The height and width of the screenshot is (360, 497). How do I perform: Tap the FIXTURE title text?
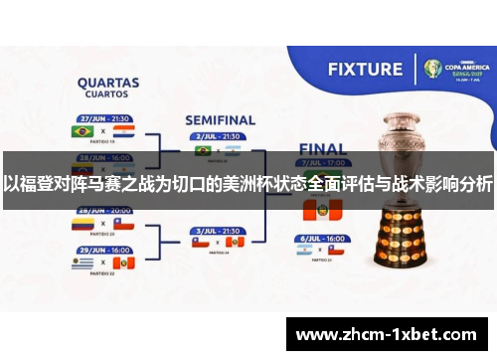click(x=366, y=70)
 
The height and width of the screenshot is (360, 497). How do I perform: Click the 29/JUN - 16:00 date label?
click(x=105, y=249)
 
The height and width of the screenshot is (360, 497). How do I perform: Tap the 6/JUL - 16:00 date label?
click(x=320, y=240)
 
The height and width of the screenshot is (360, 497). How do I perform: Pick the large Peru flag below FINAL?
click(x=321, y=210)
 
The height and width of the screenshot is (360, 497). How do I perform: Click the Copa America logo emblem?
click(x=433, y=69)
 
